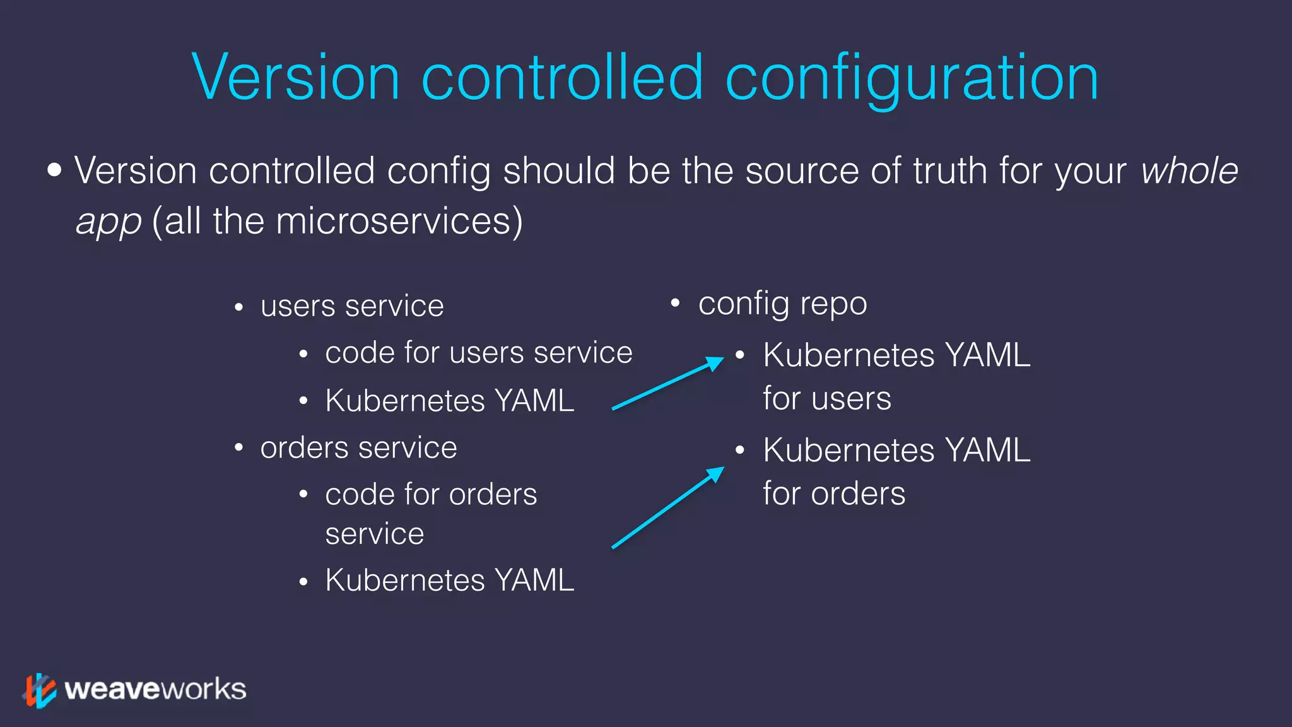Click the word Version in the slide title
click(x=296, y=78)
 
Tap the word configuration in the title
click(x=912, y=79)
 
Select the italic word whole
click(x=1189, y=171)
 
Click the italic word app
click(x=108, y=222)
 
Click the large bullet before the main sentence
click(x=55, y=170)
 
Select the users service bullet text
click(x=352, y=306)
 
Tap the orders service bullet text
click(x=358, y=448)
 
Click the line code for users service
click(x=478, y=352)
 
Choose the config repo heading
click(x=782, y=304)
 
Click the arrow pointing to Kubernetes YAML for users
click(x=667, y=384)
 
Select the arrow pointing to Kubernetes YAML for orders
click(x=667, y=507)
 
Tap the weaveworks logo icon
click(x=40, y=690)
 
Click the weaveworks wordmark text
click(x=155, y=689)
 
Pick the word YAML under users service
click(x=534, y=401)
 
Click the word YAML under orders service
click(x=534, y=580)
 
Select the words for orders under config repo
click(x=834, y=494)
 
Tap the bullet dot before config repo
click(x=675, y=304)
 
